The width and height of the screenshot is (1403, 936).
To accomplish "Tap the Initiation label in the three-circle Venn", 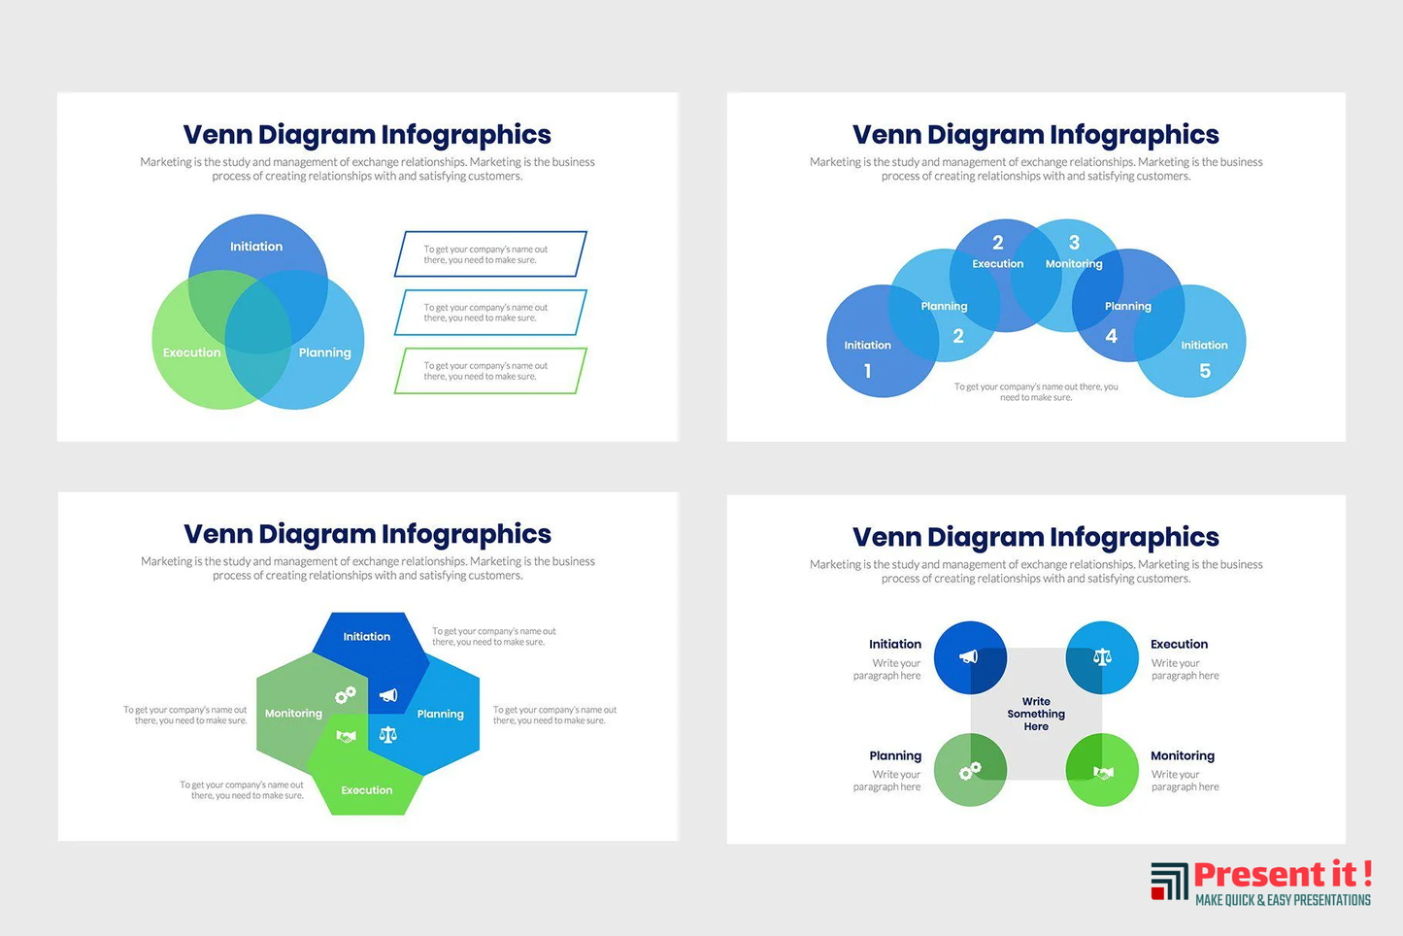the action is click(256, 247).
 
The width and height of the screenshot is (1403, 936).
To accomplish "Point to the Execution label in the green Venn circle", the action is click(191, 352).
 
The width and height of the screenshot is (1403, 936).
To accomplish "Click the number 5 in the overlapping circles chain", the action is click(1205, 371).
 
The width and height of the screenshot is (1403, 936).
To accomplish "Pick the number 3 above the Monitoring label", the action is click(1074, 242).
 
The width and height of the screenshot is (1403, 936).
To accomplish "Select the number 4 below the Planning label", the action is click(1111, 336).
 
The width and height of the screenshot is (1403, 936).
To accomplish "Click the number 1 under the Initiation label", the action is click(867, 371).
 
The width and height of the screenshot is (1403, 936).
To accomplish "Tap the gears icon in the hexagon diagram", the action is click(345, 695).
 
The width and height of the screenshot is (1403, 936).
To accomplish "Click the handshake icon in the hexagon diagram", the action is click(347, 736).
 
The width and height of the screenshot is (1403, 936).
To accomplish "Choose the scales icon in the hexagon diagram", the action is click(387, 734).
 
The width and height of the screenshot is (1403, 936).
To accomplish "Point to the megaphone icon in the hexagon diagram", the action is click(387, 695).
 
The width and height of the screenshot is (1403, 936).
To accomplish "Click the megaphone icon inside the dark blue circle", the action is click(968, 656).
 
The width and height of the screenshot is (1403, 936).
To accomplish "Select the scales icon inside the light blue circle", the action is click(1102, 657).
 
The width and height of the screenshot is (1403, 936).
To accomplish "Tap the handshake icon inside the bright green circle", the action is click(1103, 773).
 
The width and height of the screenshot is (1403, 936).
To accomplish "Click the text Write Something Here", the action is click(1036, 714).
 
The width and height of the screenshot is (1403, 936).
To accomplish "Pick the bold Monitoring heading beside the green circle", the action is click(1183, 755).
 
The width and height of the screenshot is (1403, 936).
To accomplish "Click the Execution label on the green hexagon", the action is click(366, 790).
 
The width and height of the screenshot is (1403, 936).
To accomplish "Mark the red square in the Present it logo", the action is click(1157, 892).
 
